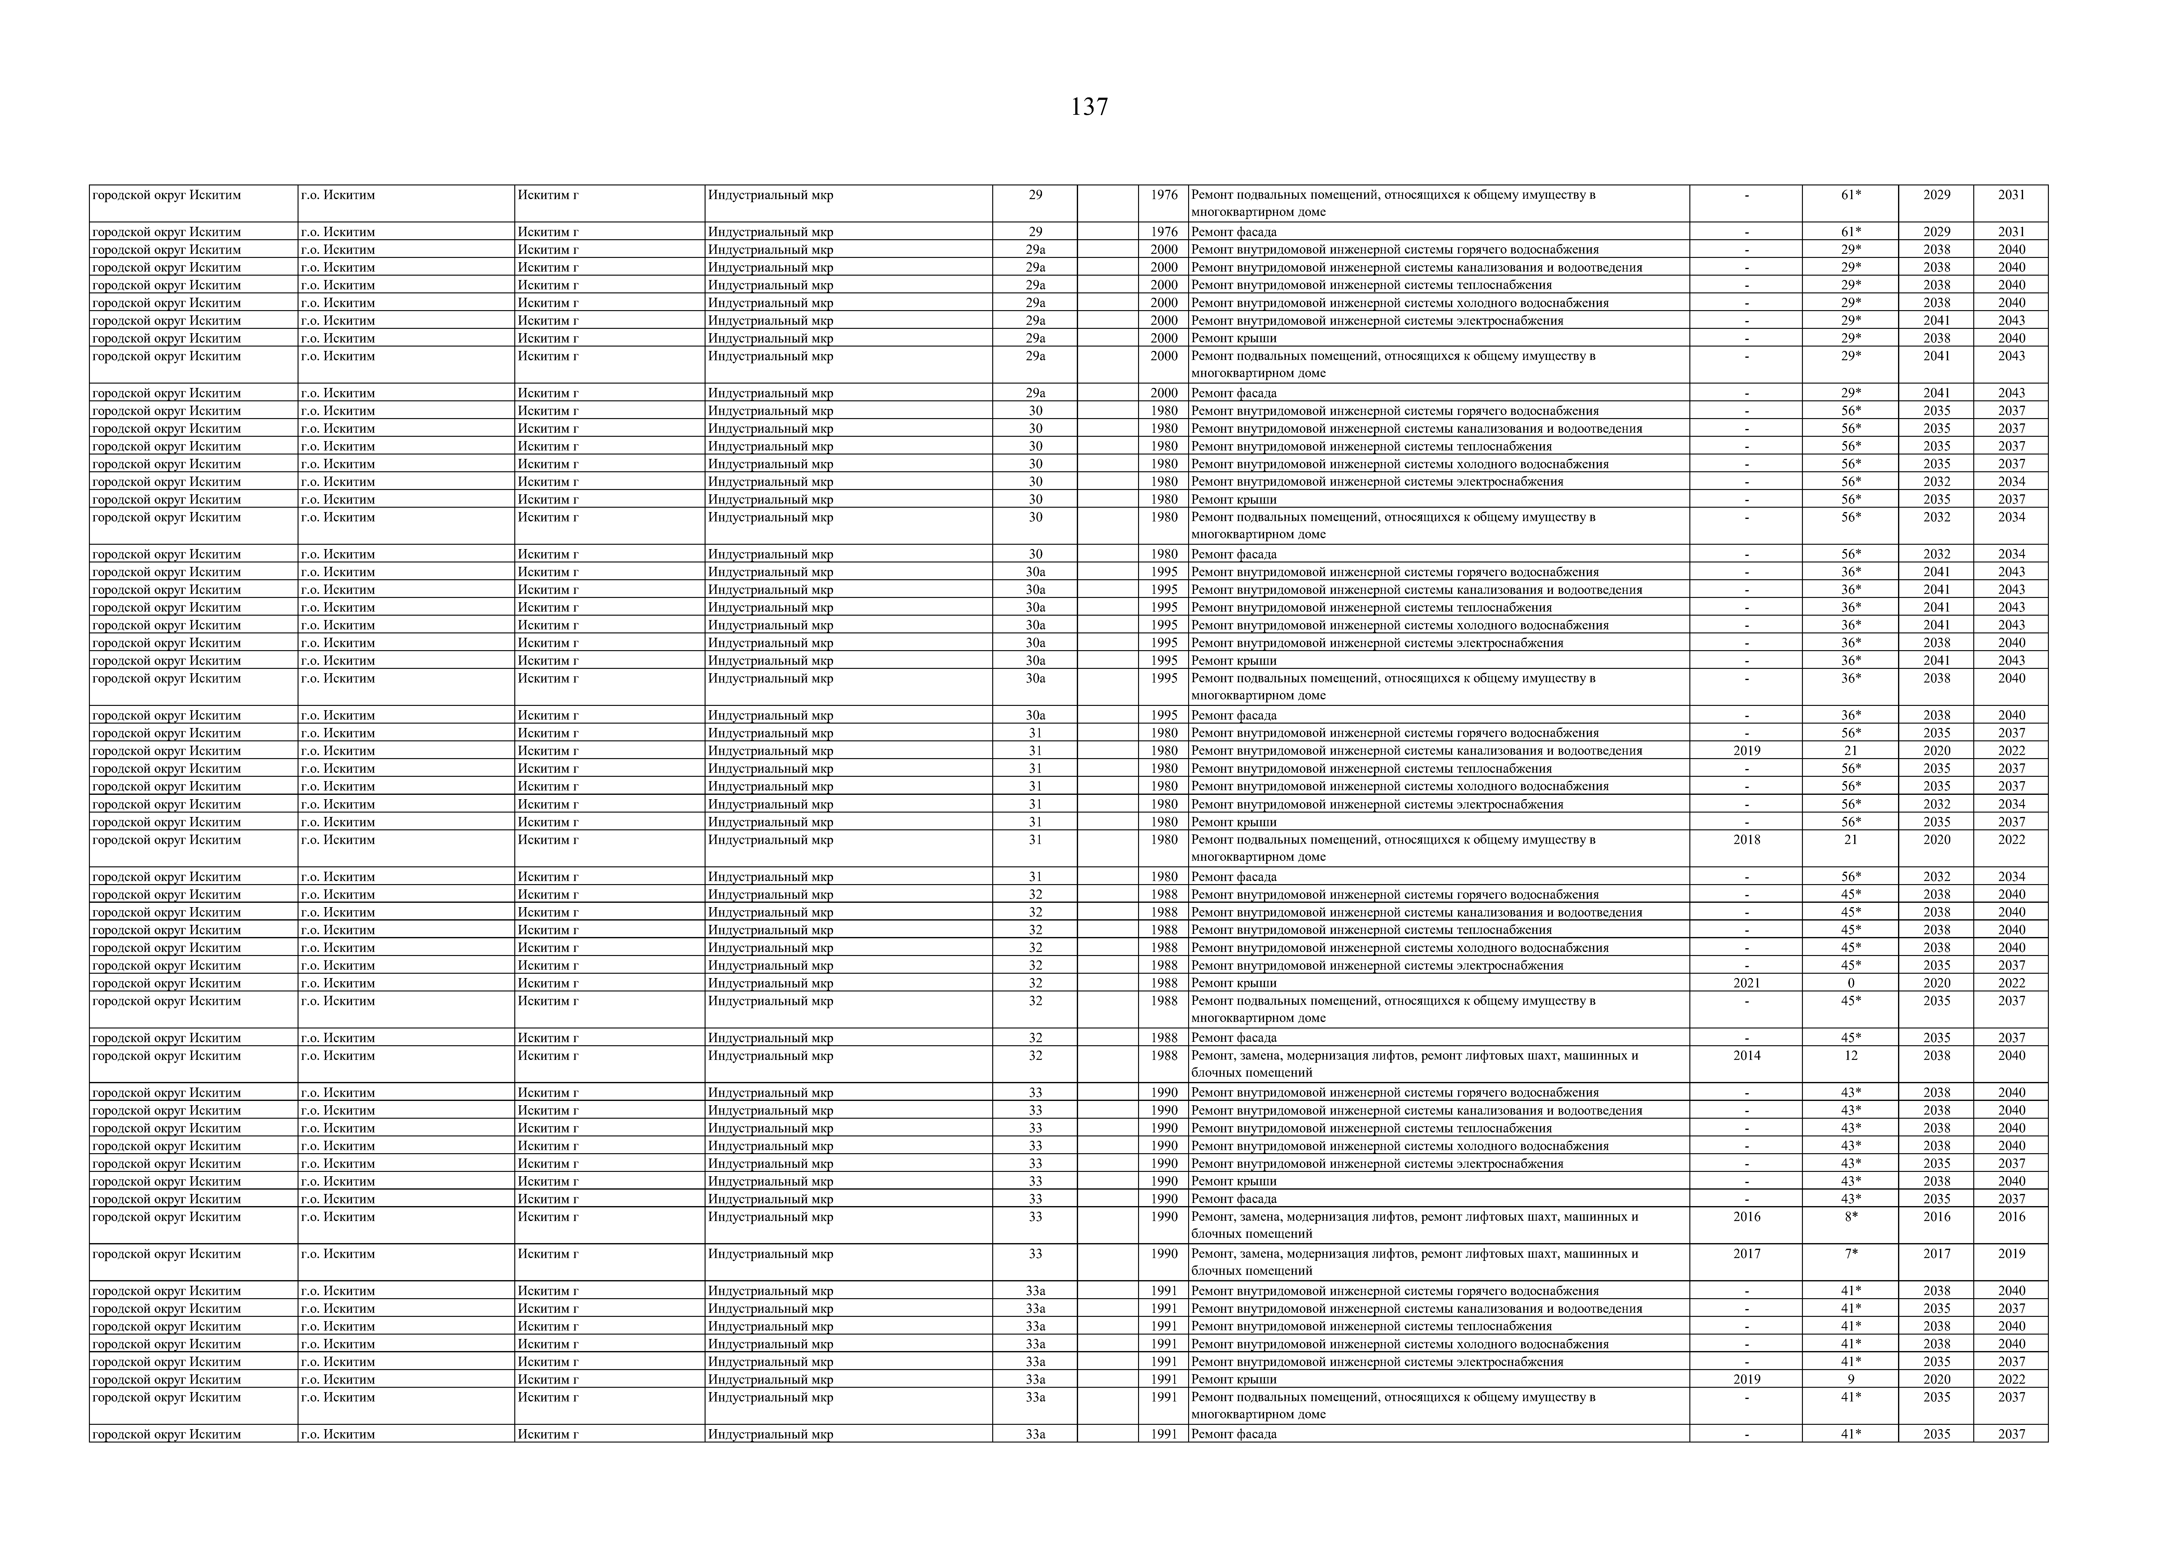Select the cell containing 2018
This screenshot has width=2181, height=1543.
point(1746,840)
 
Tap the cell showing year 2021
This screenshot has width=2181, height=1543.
point(1746,983)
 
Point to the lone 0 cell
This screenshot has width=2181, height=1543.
point(1850,983)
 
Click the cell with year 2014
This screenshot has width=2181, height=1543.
point(1746,1056)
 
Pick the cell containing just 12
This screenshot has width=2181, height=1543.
point(1850,1056)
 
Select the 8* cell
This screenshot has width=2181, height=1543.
point(1850,1217)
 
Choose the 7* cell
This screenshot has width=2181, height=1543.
point(1850,1254)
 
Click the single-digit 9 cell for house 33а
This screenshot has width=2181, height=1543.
point(1850,1380)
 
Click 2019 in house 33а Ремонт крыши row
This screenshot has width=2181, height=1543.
point(1746,1380)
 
